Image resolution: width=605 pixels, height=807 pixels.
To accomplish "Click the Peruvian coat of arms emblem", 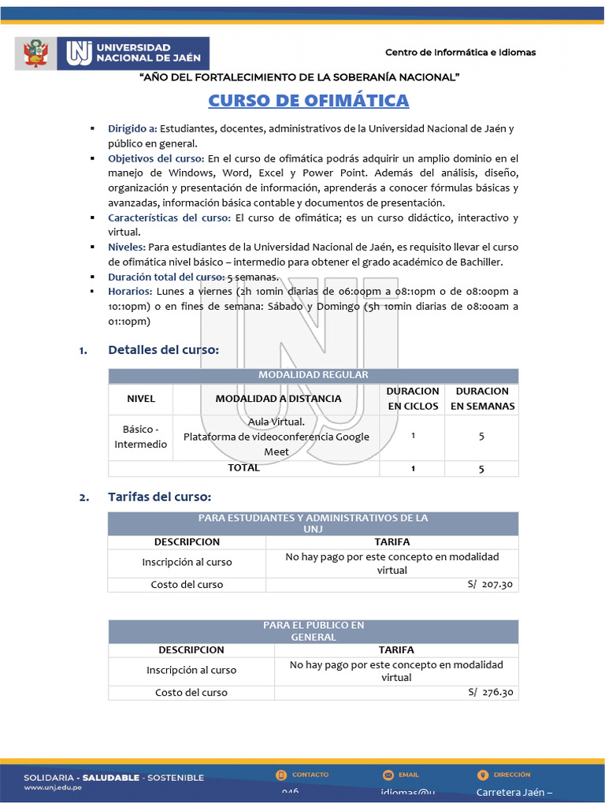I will click(35, 54).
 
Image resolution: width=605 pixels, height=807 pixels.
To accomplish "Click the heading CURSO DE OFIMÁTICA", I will click(308, 101).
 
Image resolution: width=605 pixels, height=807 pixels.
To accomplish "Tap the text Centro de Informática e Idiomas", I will click(460, 52).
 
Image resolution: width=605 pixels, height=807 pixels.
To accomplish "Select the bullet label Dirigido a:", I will click(132, 128).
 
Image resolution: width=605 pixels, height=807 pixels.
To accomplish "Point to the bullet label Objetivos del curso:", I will click(156, 158).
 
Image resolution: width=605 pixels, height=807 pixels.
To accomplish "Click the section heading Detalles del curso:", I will click(163, 350).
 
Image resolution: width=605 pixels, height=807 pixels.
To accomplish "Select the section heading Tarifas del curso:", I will click(160, 497).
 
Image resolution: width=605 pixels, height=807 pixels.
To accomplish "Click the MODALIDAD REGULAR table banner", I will click(313, 375).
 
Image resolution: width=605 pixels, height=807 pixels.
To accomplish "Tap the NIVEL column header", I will click(141, 399).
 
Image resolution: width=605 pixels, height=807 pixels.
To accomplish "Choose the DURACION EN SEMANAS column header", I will click(482, 399).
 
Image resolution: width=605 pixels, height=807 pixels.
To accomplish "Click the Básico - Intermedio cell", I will click(141, 437).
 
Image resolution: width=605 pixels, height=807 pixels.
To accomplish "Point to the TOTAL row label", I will click(243, 468).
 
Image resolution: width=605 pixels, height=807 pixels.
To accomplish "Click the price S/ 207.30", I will click(489, 585).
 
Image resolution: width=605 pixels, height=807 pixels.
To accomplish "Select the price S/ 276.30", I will click(490, 693).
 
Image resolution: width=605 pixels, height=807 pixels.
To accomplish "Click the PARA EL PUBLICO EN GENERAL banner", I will click(313, 630).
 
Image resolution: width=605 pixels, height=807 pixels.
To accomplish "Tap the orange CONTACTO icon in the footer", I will click(281, 775).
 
